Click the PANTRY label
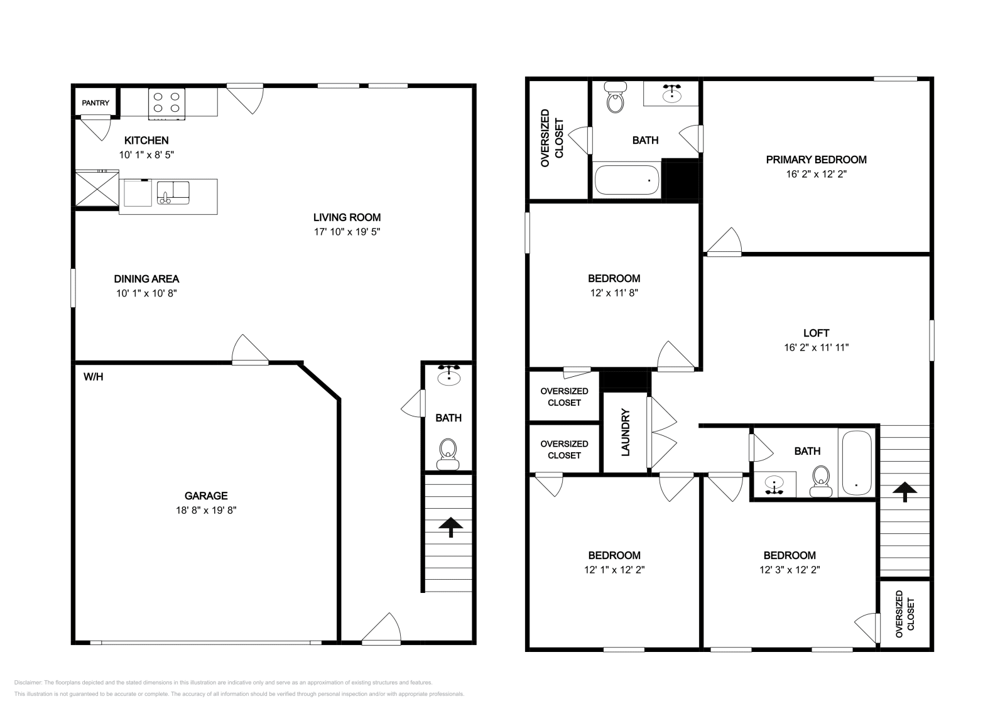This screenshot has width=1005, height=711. coord(95,103)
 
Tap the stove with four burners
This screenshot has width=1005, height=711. coord(166,104)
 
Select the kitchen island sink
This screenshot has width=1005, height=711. coord(173,193)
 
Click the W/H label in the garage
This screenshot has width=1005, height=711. coord(94,377)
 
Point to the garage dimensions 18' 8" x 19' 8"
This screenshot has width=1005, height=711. coord(206,510)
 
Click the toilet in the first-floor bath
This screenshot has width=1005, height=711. coord(448,454)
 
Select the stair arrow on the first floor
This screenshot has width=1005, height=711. coord(450,527)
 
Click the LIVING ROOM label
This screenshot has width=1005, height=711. coord(347,217)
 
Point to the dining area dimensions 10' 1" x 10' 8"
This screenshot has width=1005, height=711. coord(147,293)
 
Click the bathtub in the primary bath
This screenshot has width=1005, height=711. coord(627,180)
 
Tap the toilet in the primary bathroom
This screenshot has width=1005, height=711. coord(615,97)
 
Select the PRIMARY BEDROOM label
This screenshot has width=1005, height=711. coord(816,160)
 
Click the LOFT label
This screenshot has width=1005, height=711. coord(816,333)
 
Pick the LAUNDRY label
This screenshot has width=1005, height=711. coord(626,432)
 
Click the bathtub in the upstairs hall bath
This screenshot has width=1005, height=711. coord(857,463)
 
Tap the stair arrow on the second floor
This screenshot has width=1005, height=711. coord(905,492)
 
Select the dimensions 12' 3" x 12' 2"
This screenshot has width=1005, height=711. coord(790,570)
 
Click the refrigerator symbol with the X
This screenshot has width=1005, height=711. coord(97,189)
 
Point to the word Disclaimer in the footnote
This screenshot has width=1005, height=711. coord(28,682)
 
